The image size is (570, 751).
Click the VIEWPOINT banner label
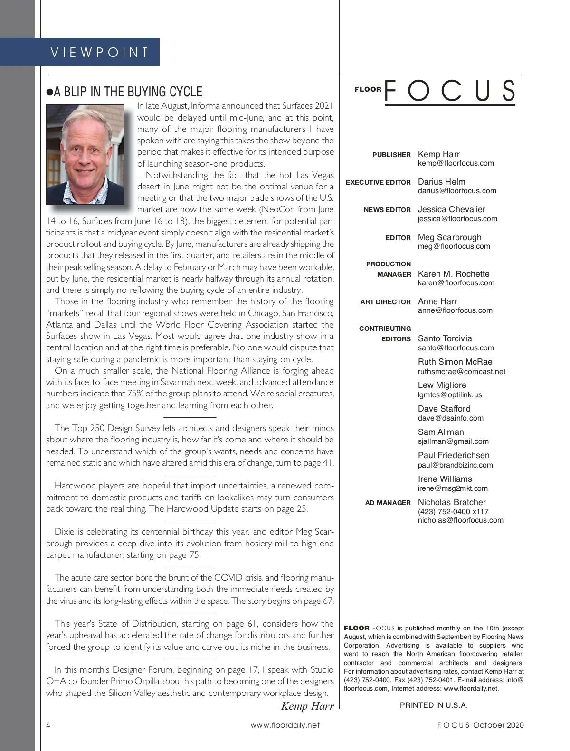tap(100, 52)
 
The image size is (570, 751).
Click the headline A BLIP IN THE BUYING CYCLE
tap(128, 92)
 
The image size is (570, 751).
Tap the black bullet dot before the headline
tap(49, 92)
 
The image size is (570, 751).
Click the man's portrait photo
tap(85, 155)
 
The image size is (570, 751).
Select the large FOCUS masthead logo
tap(449, 90)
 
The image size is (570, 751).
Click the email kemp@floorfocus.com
tap(456, 163)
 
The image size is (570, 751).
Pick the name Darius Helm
tap(441, 182)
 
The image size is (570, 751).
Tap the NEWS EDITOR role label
tap(387, 210)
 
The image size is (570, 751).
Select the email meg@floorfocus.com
tap(454, 246)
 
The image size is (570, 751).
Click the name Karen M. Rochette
tap(453, 274)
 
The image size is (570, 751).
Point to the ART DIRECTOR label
tap(385, 302)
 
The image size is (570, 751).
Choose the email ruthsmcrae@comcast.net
tap(461, 372)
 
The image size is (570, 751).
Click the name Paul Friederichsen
tap(454, 455)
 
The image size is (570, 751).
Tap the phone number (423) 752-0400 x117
tap(453, 512)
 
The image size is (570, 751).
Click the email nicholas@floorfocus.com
tap(460, 520)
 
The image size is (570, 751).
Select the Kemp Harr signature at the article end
tap(307, 706)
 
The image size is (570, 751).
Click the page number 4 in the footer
tap(48, 725)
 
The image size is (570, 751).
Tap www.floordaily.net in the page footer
tap(285, 725)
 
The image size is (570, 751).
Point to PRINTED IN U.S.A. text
tap(434, 705)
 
